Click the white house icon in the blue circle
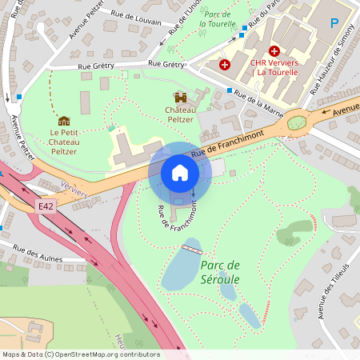pos(180,172)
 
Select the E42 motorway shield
pos(46,206)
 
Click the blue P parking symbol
pos(334,25)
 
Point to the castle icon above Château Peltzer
pos(180,97)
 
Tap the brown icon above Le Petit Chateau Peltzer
pos(64,121)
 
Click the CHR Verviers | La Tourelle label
pos(274,67)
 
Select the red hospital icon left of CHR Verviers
pos(225,63)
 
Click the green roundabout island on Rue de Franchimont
pos(297,122)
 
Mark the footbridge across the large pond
pos(191,249)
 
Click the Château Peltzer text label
pos(180,114)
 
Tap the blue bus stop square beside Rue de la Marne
pos(230,90)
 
